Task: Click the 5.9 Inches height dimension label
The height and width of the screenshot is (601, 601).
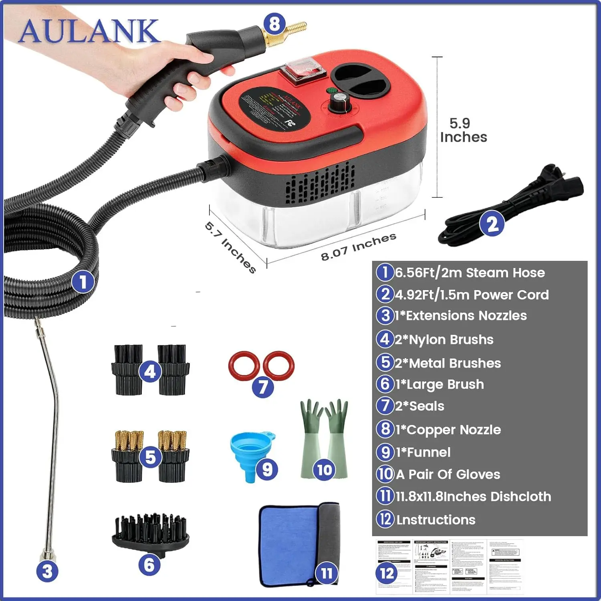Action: click(463, 130)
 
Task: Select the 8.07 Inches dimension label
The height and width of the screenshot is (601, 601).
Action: click(359, 246)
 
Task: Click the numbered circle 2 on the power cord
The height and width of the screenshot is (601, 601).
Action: click(492, 224)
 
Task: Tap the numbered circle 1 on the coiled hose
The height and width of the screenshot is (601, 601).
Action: click(83, 282)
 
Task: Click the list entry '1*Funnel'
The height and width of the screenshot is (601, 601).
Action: click(423, 452)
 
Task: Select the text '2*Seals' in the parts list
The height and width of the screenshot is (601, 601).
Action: click(419, 406)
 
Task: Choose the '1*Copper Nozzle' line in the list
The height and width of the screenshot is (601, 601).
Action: click(448, 430)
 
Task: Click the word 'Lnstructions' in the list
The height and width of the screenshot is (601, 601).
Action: click(436, 520)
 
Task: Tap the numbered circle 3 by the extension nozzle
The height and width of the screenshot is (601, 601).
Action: click(47, 571)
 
